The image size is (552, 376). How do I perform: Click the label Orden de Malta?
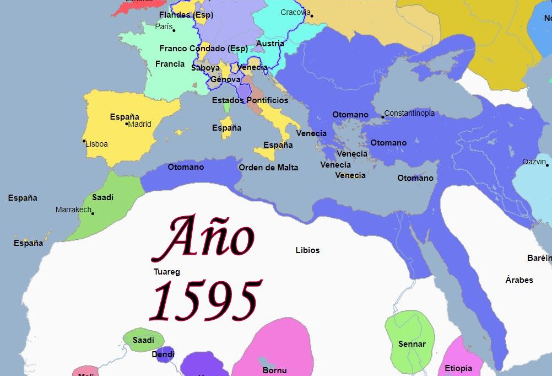pyautogui.click(x=268, y=168)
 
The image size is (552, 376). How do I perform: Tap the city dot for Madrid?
pyautogui.click(x=127, y=124)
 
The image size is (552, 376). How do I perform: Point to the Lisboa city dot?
pyautogui.click(x=84, y=141)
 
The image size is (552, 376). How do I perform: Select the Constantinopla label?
pyautogui.click(x=409, y=114)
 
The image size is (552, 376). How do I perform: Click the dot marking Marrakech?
pyautogui.click(x=93, y=213)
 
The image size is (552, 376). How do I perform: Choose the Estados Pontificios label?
pyautogui.click(x=250, y=100)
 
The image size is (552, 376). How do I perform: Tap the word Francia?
pyautogui.click(x=170, y=64)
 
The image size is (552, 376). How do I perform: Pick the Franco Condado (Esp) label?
pyautogui.click(x=203, y=49)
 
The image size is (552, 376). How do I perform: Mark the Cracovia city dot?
pyautogui.click(x=312, y=15)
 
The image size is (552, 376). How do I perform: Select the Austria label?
pyautogui.click(x=270, y=44)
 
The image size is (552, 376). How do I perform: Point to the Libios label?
pyautogui.click(x=307, y=250)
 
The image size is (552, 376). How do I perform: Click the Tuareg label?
pyautogui.click(x=166, y=272)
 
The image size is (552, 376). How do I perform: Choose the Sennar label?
pyautogui.click(x=412, y=344)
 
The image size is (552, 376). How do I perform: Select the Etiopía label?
pyautogui.click(x=458, y=368)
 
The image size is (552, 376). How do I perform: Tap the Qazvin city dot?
pyautogui.click(x=548, y=164)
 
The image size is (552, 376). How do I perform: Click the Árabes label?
pyautogui.click(x=519, y=280)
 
